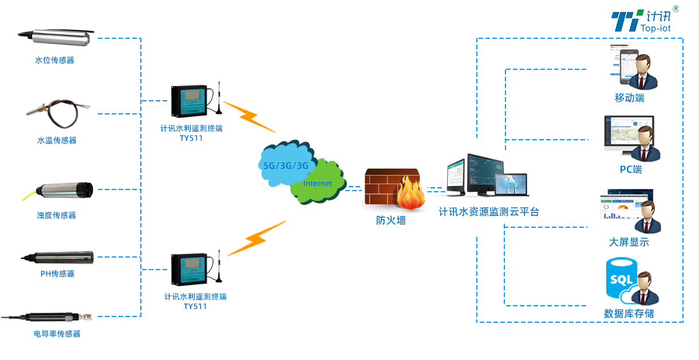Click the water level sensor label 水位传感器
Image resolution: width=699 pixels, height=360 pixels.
(54, 60)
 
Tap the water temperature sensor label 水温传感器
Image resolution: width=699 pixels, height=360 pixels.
(57, 140)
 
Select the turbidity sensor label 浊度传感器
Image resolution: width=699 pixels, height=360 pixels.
(56, 215)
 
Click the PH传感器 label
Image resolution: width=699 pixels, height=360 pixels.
(57, 274)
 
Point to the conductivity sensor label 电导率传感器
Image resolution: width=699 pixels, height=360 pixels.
(57, 334)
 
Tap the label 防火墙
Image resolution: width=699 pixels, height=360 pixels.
(390, 220)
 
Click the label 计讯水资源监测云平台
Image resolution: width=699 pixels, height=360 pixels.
(488, 212)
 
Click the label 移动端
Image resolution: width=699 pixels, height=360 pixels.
(629, 98)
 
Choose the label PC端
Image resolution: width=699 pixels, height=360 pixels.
(630, 169)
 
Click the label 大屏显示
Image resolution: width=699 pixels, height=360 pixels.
(629, 242)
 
